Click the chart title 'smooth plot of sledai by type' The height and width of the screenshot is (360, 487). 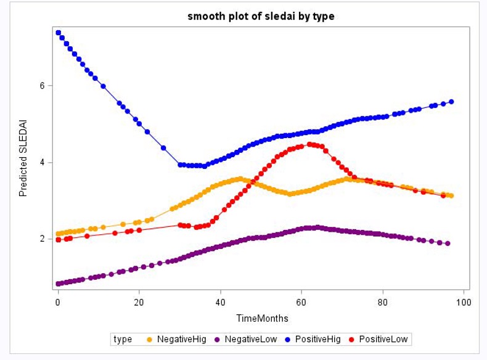[x=261, y=17]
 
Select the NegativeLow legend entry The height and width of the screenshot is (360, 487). [x=244, y=339]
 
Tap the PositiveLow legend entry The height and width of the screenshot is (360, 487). [x=378, y=339]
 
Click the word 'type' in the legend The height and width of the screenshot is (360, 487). [x=123, y=339]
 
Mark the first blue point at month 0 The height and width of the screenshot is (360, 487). [x=59, y=33]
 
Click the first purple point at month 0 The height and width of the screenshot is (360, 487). [x=59, y=284]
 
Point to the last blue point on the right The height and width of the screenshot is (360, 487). [x=451, y=102]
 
